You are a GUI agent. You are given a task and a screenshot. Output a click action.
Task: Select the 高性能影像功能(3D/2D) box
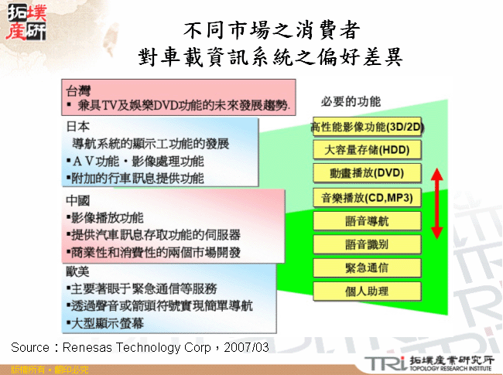[x=367, y=126]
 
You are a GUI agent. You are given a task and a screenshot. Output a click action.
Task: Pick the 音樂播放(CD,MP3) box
[x=367, y=196]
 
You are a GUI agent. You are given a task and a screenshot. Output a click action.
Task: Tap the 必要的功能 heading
[x=351, y=101]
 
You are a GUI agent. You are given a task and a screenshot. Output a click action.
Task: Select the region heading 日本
[x=78, y=126]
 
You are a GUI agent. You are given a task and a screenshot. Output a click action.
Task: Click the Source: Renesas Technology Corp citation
[x=140, y=347]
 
